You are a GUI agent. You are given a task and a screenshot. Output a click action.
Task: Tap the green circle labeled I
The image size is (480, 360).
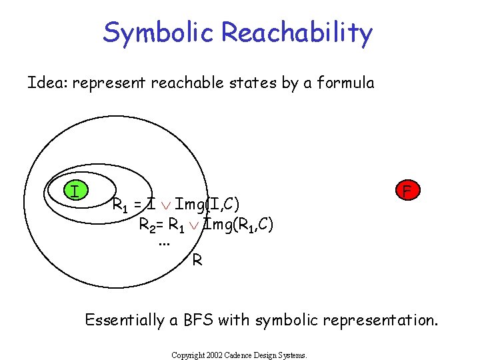[76, 191]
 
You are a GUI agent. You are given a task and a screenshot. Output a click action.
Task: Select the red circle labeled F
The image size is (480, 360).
[406, 191]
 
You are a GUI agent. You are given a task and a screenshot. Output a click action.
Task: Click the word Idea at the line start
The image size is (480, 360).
[47, 83]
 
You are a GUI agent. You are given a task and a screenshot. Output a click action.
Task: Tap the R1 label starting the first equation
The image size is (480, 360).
[121, 204]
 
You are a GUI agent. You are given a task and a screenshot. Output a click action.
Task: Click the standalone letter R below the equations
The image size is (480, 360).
[197, 260]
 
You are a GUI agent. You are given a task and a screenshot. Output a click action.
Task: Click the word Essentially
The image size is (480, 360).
[124, 320]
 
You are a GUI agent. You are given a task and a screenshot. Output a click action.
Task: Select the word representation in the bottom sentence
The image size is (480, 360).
[380, 321]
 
